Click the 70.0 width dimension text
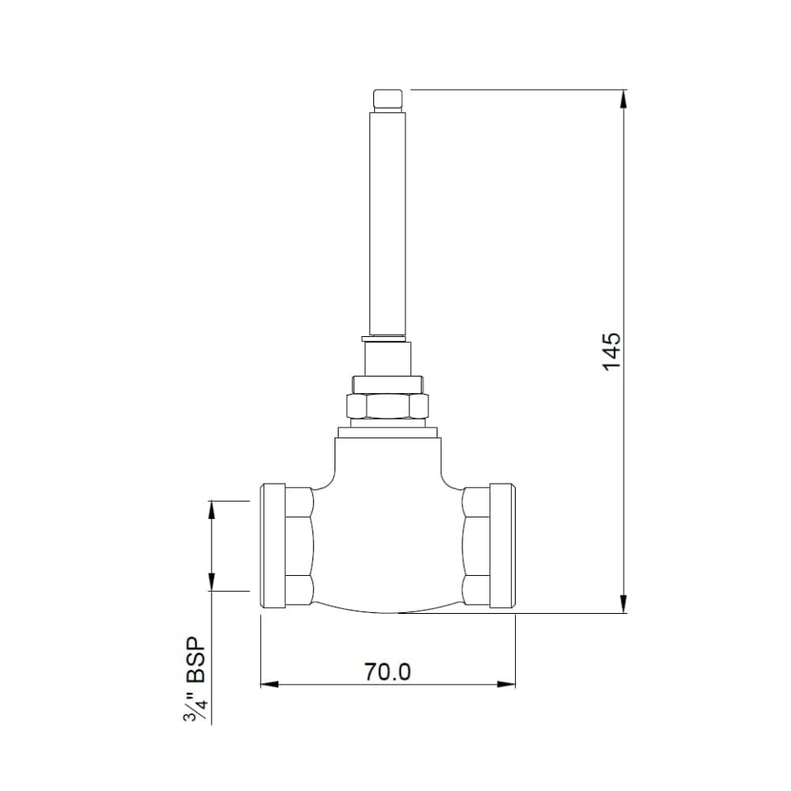point(387,672)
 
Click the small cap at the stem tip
point(387,100)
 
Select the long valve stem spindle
point(387,222)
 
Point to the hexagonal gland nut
point(387,406)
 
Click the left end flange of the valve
point(273,545)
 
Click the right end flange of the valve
point(503,545)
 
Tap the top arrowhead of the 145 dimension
point(624,99)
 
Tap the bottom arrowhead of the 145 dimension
point(624,603)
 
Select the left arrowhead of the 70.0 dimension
point(270,684)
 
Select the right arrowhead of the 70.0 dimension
point(506,684)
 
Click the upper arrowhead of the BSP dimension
point(212,510)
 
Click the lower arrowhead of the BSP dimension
point(212,581)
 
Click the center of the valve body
point(387,536)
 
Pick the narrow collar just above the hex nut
point(387,384)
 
